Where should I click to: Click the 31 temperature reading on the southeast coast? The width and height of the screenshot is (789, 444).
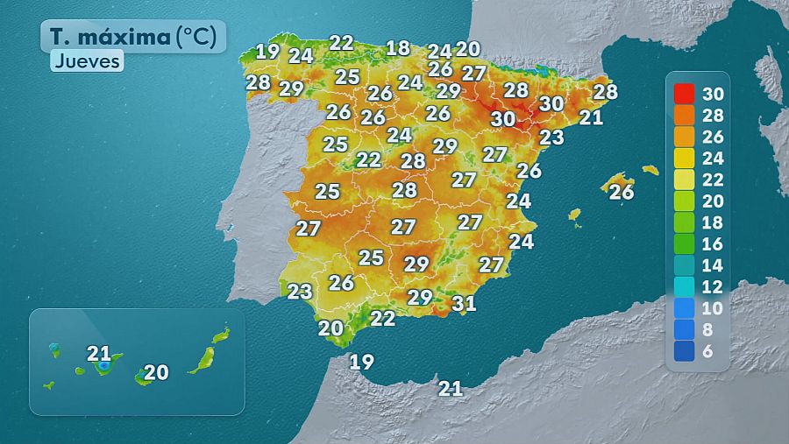click(464, 304)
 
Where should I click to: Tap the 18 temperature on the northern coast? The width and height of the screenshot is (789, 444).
click(398, 48)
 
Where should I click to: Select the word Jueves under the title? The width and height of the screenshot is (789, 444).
click(86, 61)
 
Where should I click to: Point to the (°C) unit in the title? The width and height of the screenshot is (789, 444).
click(199, 38)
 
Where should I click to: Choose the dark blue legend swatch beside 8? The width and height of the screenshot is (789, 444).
click(685, 329)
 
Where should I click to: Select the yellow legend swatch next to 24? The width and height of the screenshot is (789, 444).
click(685, 158)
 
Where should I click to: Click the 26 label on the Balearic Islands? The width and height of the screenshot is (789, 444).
click(622, 192)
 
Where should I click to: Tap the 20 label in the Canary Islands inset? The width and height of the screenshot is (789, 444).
click(156, 372)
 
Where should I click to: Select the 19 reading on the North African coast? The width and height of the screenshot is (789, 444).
click(361, 361)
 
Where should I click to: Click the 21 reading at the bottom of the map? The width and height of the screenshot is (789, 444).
click(451, 388)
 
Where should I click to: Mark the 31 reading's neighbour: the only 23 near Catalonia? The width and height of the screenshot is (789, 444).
click(551, 137)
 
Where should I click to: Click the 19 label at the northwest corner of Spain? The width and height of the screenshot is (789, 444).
click(267, 51)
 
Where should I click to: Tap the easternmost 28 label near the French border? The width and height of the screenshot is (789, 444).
click(605, 91)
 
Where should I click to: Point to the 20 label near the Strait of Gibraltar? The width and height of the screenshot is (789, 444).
click(331, 328)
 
